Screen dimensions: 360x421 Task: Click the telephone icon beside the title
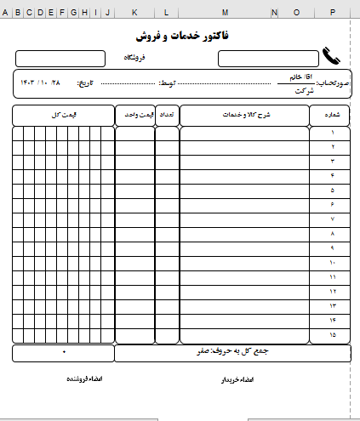pyautogui.click(x=331, y=58)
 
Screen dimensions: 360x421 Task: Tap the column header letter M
pyautogui.click(x=226, y=13)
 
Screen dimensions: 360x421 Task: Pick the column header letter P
pyautogui.click(x=331, y=13)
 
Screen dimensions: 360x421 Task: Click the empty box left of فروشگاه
pyautogui.click(x=60, y=58)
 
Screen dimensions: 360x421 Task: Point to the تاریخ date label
pyautogui.click(x=88, y=83)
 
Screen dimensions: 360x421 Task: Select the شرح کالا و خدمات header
pyautogui.click(x=244, y=115)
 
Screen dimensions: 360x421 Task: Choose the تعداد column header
pyautogui.click(x=167, y=115)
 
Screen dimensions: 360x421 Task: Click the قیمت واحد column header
pyautogui.click(x=134, y=115)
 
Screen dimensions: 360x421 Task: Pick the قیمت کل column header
pyautogui.click(x=64, y=115)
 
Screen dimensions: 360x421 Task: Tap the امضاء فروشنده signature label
pyautogui.click(x=84, y=378)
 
